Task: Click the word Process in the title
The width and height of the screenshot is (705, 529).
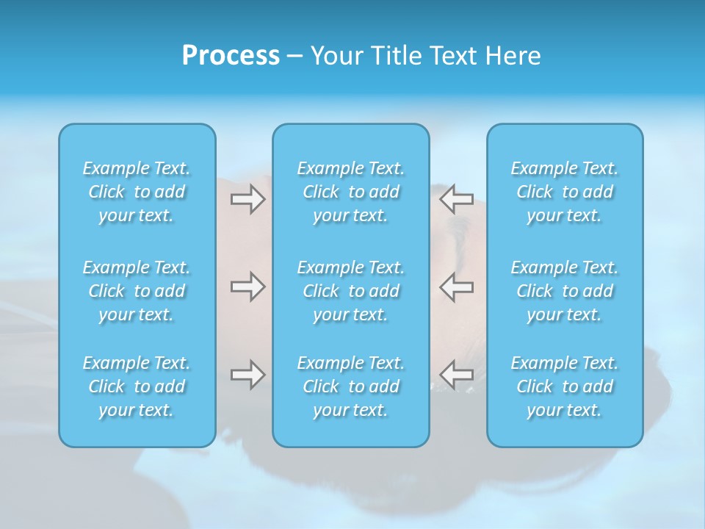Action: [x=231, y=56]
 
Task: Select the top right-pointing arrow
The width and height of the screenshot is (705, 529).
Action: [x=247, y=199]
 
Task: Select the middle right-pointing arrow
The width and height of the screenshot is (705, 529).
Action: [x=247, y=287]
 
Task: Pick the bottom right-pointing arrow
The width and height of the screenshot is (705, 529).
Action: [x=247, y=375]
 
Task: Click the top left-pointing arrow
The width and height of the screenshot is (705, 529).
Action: [x=456, y=199]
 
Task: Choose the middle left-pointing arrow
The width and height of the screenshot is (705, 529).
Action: [x=456, y=287]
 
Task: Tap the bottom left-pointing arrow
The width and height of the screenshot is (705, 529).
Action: [x=456, y=375]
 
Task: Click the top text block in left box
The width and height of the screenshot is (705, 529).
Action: [x=137, y=192]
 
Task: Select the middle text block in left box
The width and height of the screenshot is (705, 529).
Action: [x=137, y=291]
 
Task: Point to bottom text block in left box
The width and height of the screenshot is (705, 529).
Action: [x=137, y=386]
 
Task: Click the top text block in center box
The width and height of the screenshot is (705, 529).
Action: [x=351, y=192]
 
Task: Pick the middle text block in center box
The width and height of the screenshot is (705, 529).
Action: [x=351, y=291]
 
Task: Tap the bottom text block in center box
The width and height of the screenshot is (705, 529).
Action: [x=351, y=386]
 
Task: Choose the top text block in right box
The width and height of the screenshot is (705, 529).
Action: [x=565, y=192]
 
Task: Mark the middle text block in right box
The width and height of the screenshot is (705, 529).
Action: [x=565, y=291]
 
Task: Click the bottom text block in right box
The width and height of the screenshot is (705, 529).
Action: [x=565, y=386]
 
